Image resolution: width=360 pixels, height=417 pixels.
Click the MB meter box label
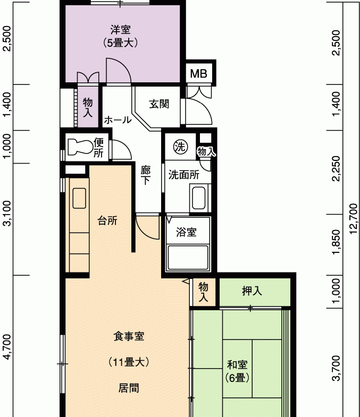coord(199,73)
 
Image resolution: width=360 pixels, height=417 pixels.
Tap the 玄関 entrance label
coord(159,104)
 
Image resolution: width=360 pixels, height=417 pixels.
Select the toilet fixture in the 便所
coord(79,147)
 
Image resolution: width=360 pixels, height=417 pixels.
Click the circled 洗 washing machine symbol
coord(181,146)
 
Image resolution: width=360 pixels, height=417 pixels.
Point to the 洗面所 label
coord(184,175)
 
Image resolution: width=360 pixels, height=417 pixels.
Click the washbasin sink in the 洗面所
coord(199,198)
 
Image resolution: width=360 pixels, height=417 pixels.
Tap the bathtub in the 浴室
coord(188,258)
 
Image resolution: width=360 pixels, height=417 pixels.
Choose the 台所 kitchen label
coord(107,220)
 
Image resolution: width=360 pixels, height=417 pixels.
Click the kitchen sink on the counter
coord(79,198)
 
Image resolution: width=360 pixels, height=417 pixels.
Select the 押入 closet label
coord(252,291)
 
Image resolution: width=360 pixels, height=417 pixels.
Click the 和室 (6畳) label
coord(237,371)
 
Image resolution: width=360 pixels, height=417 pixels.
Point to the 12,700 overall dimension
coord(353,219)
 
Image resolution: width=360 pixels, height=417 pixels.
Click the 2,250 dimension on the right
coord(336,168)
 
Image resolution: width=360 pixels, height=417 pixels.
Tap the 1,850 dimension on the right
coord(336,242)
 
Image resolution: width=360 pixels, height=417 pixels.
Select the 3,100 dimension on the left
coord(7,214)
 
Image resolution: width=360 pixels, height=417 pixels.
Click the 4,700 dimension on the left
coord(7,347)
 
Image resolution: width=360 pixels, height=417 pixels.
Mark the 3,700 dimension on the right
coord(336,368)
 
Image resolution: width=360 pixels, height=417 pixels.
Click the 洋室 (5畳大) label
coord(120,36)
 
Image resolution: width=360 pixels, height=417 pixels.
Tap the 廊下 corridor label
coord(146,175)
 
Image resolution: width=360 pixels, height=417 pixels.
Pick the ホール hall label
coord(118,120)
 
